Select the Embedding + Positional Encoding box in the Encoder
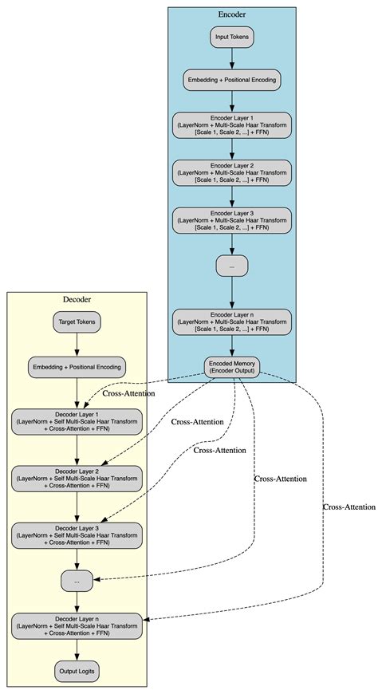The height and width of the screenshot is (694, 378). pos(231,81)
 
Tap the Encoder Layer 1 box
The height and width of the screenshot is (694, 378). pos(231,125)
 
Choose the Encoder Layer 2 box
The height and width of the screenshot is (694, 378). pos(231,172)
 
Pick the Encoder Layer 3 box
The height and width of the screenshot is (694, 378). pos(231,219)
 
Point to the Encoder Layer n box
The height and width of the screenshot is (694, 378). pos(231,321)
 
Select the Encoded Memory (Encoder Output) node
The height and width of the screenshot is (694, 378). pos(231,366)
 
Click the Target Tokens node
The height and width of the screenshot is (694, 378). pos(77,322)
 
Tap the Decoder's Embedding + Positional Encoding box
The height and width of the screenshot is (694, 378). pos(77,367)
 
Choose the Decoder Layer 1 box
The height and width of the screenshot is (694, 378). pos(77,422)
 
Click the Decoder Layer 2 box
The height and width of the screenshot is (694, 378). pos(77,478)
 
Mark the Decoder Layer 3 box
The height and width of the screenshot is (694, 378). pos(77,534)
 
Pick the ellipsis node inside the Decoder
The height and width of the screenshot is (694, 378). pos(77,582)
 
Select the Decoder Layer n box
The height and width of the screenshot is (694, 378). pos(77,625)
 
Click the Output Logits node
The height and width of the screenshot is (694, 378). pos(77,672)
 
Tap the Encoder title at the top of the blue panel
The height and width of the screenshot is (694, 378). pos(231,14)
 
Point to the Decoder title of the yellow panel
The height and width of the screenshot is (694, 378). pos(77,299)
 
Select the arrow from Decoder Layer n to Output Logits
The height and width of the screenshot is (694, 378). pos(77,649)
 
